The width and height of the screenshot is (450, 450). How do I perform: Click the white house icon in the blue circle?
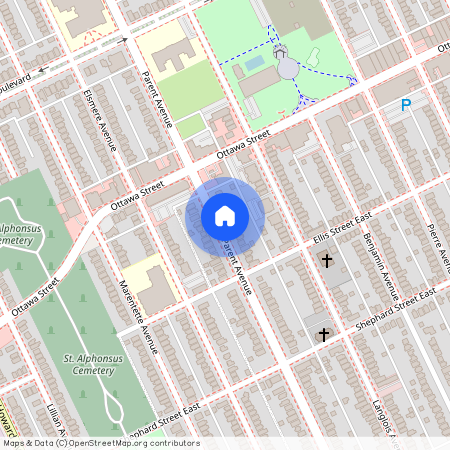click(x=225, y=215)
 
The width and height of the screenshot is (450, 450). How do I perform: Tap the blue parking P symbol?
click(x=407, y=105)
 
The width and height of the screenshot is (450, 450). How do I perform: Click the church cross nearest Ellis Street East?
click(x=326, y=261)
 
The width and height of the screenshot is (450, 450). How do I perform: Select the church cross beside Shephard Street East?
click(x=323, y=334)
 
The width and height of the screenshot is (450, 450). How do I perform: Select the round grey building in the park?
click(x=288, y=67)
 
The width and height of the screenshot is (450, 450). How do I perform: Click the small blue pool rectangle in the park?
click(x=254, y=63)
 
